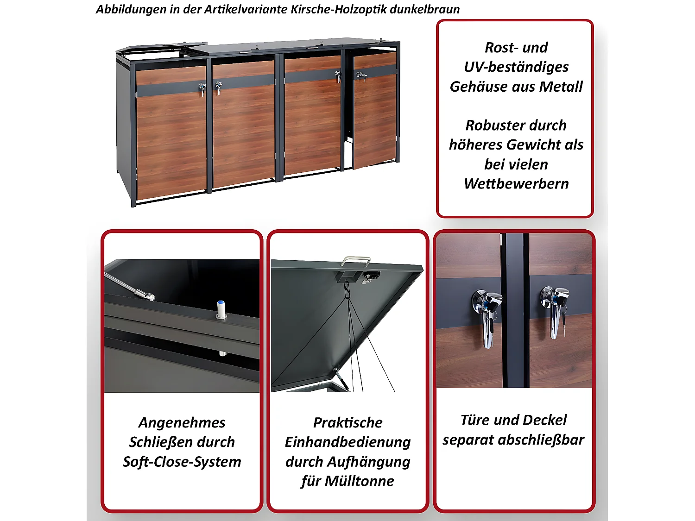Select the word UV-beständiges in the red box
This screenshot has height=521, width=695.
(x=516, y=67)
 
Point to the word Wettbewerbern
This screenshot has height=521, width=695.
(x=516, y=184)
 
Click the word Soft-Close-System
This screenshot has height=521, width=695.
(x=182, y=462)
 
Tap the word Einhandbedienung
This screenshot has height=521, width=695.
(x=347, y=442)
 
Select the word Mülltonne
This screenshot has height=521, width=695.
(x=359, y=481)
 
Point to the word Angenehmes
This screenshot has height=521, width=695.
(x=182, y=422)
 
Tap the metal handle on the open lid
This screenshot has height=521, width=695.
(x=356, y=261)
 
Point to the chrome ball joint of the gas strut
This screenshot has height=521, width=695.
(x=149, y=296)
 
